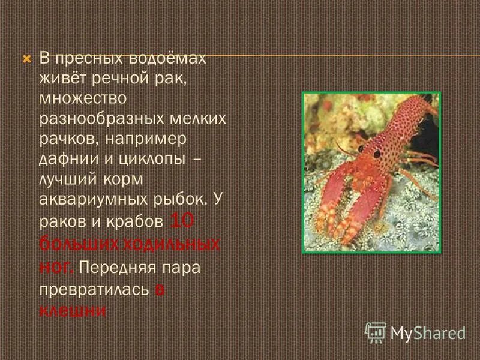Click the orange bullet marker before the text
pos(26,59)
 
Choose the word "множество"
pos(80,98)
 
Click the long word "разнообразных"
pos(100,118)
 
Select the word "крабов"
pos(136,221)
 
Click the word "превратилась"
pos(94,289)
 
